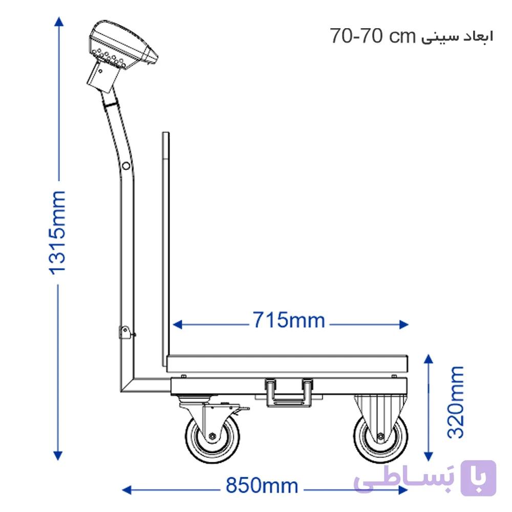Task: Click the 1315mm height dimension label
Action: (57, 232)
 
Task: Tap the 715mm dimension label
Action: (289, 320)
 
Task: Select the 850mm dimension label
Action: (262, 485)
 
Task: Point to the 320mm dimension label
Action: (456, 402)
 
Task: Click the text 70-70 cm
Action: (372, 36)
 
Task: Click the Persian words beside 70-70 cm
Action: (457, 36)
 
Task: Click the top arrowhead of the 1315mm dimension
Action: (59, 21)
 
